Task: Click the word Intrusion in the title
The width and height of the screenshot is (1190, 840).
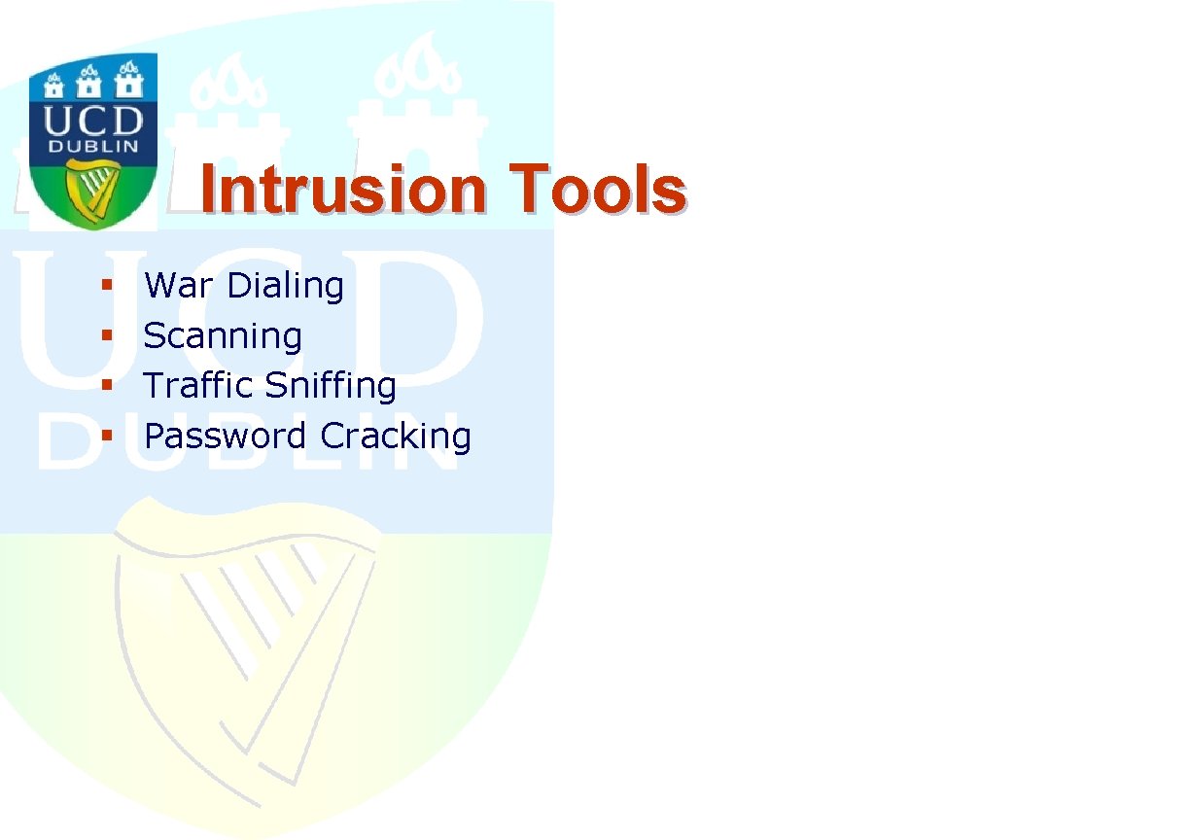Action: [x=343, y=190]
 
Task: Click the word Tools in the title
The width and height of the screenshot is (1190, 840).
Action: [x=598, y=189]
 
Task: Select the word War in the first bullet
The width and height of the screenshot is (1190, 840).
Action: [x=179, y=285]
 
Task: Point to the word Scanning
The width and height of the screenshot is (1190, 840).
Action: [x=223, y=336]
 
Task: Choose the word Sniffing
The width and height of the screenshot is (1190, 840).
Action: [x=330, y=386]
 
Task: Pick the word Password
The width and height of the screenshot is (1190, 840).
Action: [x=226, y=436]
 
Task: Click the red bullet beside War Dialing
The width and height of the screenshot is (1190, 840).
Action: [x=107, y=285]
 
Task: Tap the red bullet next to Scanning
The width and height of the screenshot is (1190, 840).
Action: [x=107, y=335]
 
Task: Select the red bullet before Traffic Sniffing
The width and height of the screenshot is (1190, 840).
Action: [x=107, y=385]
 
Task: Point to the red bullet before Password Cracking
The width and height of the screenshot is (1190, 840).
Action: [x=107, y=436]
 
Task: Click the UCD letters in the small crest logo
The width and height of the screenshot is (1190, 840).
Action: [x=93, y=121]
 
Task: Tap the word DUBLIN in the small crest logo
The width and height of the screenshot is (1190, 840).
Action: [x=93, y=147]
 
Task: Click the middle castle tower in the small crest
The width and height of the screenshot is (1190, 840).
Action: [x=89, y=82]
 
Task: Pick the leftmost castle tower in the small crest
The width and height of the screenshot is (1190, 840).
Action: [x=53, y=87]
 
